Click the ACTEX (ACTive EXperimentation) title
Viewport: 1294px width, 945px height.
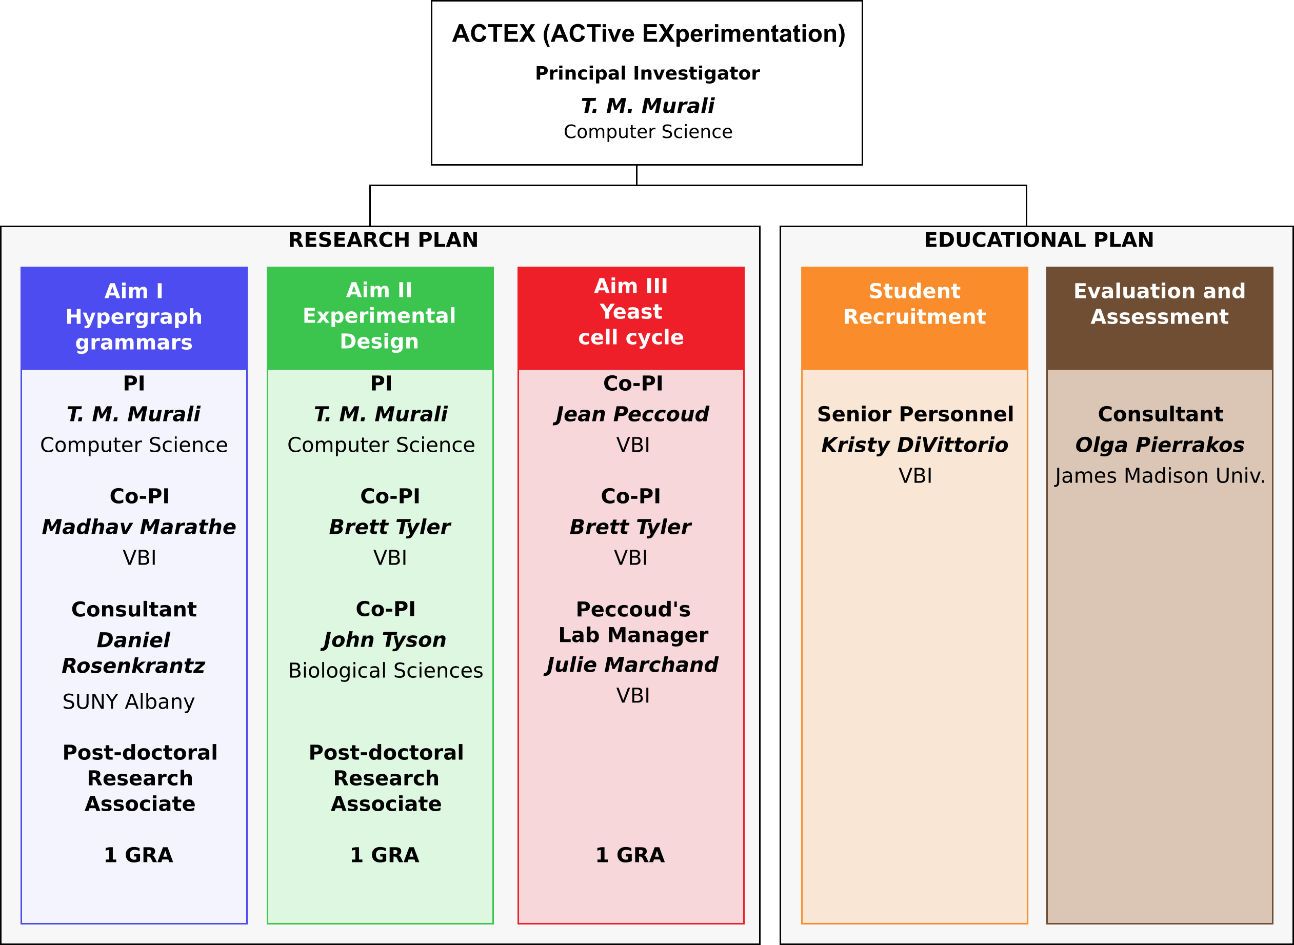coord(649,34)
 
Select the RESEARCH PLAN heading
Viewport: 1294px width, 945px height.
coord(383,239)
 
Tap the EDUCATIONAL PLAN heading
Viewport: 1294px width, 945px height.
coord(1039,239)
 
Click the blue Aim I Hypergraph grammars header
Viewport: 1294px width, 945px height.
coord(134,318)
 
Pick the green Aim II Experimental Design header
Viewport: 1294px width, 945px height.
coord(380,318)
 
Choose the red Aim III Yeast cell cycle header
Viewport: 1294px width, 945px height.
coord(631,318)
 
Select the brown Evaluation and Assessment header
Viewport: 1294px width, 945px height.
coord(1160,318)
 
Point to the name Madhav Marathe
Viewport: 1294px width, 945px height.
coord(139,527)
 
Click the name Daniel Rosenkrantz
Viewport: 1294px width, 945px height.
coord(133,653)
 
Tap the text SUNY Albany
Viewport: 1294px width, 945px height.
coord(129,702)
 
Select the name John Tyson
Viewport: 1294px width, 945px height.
coord(385,640)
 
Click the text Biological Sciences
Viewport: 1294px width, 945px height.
coord(386,671)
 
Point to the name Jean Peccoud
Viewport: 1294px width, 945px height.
coord(631,414)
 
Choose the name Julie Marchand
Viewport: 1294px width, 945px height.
coord(631,665)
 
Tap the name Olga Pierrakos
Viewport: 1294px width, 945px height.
coord(1160,445)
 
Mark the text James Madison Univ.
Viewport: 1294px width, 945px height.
coord(1160,476)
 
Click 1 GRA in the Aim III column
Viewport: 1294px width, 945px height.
coord(630,855)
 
